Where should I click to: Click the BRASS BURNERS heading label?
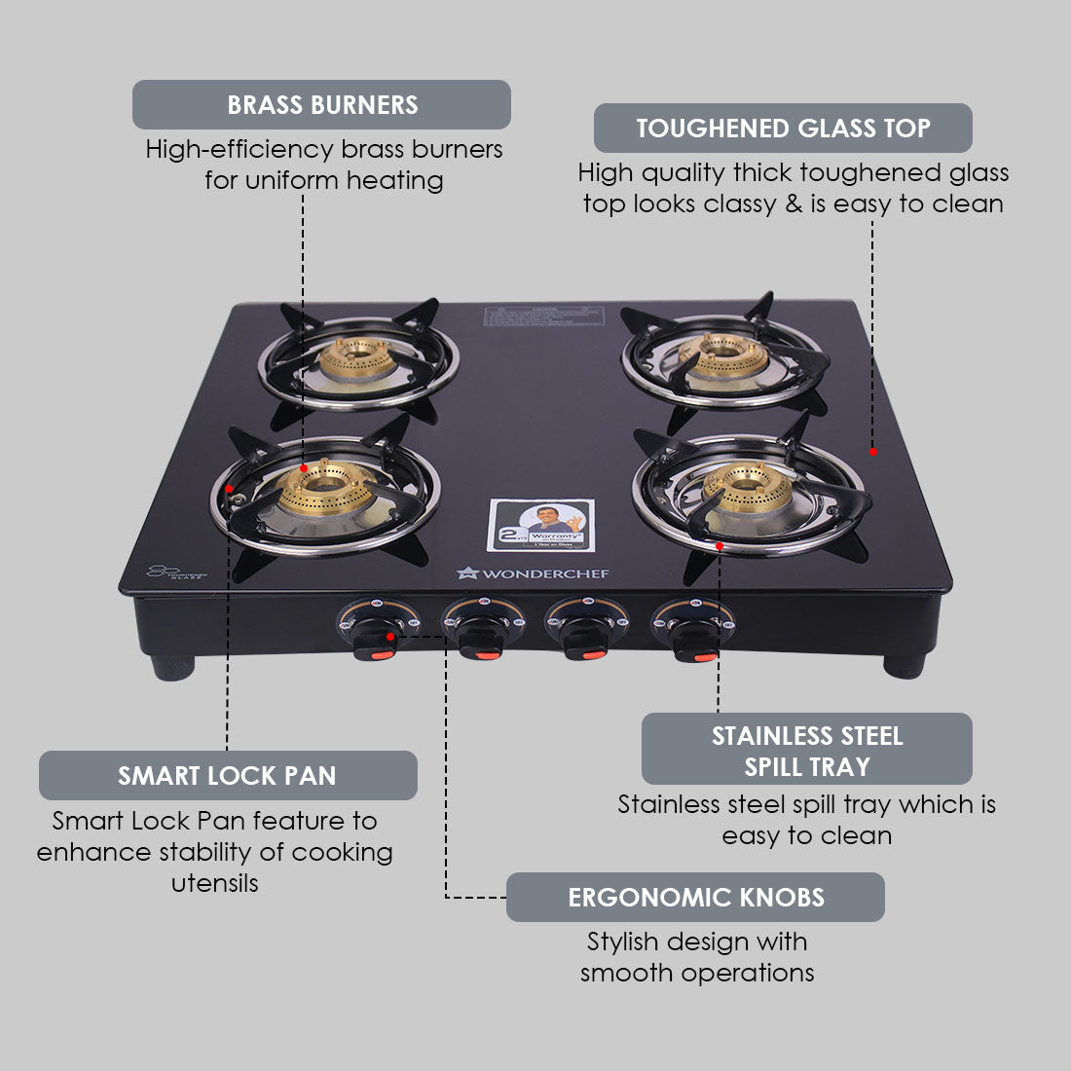coord(321,105)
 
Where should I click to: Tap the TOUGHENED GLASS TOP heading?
coord(783,129)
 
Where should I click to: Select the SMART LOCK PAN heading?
coord(228,776)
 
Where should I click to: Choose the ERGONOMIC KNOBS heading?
coord(695,898)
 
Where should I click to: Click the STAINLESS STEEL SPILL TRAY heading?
coord(806,750)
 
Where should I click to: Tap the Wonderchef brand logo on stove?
coord(533,573)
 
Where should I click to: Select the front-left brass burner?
coord(325,490)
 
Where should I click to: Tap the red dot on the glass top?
coord(873,451)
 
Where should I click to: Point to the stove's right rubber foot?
coord(905,666)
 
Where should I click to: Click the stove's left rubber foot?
coord(172,667)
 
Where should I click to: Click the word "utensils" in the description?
coord(214,883)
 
